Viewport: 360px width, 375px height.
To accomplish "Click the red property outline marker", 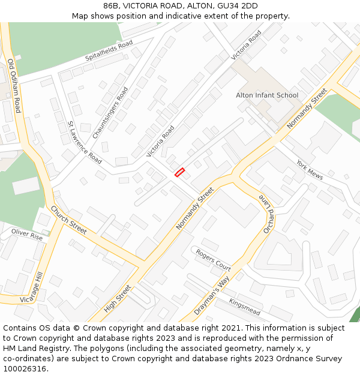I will coord(179,172).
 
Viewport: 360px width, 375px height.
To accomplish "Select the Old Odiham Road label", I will coord(14,86).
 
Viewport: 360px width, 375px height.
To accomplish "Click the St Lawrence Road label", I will coord(84,143).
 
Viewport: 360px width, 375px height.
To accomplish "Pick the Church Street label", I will coord(68,220).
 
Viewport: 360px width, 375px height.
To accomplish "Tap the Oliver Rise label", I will coord(28,233).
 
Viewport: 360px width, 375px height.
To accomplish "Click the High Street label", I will coord(117,298).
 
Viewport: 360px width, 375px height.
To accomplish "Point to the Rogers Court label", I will coord(213,259).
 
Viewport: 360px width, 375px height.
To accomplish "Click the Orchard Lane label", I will coord(266,214).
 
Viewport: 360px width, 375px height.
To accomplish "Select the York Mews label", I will coord(310,170).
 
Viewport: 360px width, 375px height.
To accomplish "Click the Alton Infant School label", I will coord(267,95).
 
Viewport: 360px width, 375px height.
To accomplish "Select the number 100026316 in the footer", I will coord(24,369).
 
